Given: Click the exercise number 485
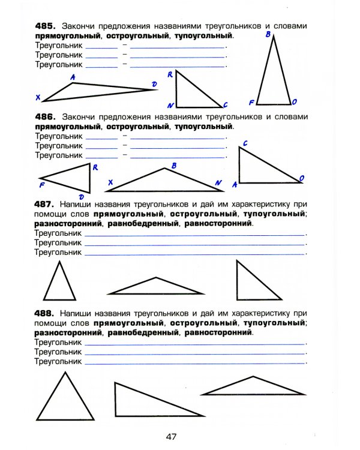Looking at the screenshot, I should [46, 27].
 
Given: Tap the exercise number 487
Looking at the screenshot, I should [46, 204].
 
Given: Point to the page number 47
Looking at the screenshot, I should [172, 437].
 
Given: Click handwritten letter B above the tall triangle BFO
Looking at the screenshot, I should [268, 35].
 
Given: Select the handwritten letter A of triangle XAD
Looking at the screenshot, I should [73, 77].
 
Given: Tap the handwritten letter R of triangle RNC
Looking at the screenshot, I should [170, 74].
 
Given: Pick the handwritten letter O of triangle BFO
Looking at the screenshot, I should [295, 102].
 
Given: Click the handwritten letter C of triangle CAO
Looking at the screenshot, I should [245, 143].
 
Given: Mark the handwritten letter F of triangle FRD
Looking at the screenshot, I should [41, 185].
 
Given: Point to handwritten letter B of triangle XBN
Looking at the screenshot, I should [173, 165].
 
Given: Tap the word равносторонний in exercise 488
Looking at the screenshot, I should [219, 332].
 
